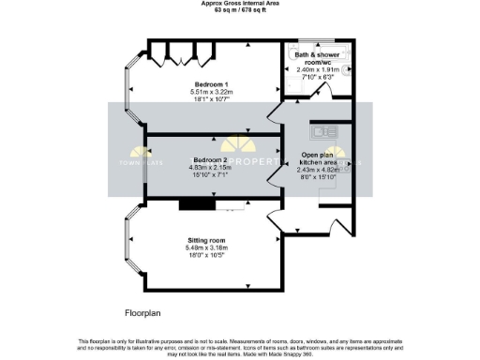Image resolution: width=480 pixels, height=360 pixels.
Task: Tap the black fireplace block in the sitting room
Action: [197, 203]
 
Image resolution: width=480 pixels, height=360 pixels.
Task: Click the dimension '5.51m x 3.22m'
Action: [210, 92]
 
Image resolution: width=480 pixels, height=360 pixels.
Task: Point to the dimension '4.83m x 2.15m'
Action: [210, 168]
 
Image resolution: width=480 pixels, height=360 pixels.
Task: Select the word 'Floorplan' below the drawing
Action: [145, 310]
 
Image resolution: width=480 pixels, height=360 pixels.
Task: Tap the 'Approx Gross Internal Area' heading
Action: [239, 3]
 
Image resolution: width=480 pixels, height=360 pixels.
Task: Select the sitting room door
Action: [278, 223]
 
